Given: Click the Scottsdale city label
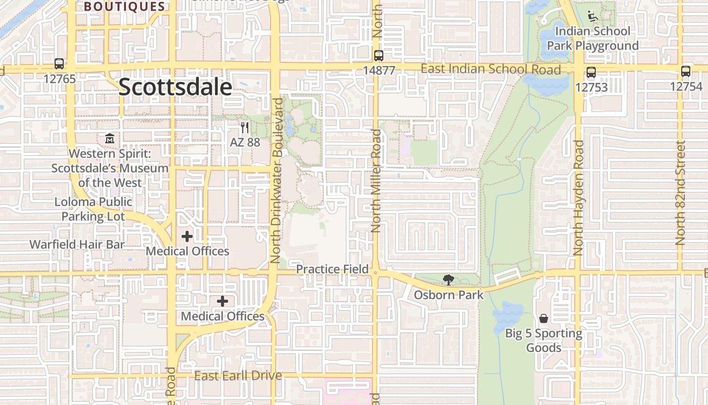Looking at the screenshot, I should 175,88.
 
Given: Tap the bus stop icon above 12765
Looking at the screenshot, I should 59,64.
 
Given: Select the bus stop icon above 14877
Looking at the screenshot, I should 379,56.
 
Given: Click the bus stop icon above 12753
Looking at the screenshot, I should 591,72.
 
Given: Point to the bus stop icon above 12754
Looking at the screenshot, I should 686,71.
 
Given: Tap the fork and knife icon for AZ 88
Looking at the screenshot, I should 245,127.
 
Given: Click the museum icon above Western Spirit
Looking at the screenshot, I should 110,138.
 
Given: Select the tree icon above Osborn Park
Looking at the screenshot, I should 448,279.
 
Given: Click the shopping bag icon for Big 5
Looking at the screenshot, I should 544,318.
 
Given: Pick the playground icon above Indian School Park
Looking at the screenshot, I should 592,16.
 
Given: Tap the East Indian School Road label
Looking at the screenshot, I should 491,69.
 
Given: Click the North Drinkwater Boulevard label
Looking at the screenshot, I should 277,180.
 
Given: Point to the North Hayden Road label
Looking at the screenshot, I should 579,197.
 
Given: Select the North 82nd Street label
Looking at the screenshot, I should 680,192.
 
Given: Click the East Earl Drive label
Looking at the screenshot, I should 238,376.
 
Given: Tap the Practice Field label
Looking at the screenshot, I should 332,269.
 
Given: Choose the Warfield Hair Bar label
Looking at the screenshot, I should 77,245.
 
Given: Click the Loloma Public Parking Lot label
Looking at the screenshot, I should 94,209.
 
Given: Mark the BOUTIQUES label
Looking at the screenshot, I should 124,7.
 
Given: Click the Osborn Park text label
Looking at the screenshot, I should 449,294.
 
